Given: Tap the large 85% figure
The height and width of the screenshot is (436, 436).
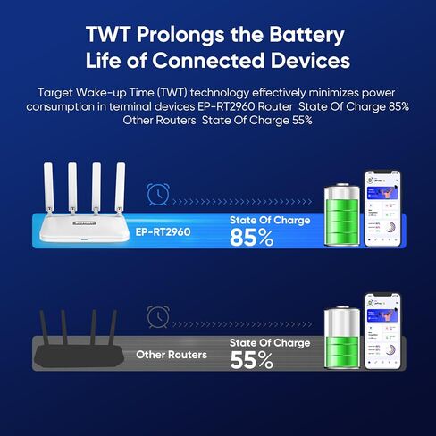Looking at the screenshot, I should click(x=252, y=238).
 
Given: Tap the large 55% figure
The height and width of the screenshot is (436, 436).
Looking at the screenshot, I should click(x=252, y=360).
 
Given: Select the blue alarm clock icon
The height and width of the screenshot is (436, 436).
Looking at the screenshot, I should click(x=159, y=193).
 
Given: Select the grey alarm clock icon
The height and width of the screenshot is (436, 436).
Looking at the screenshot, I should click(x=159, y=316).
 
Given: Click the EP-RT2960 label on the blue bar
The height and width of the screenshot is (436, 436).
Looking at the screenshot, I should click(x=163, y=231).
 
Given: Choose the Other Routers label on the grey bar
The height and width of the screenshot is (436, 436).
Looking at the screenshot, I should click(x=172, y=355).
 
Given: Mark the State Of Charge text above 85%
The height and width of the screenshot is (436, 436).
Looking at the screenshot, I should click(x=270, y=220).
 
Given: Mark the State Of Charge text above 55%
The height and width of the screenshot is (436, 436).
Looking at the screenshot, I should click(x=270, y=342).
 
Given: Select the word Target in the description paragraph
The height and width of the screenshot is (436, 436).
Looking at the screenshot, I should click(x=55, y=93).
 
